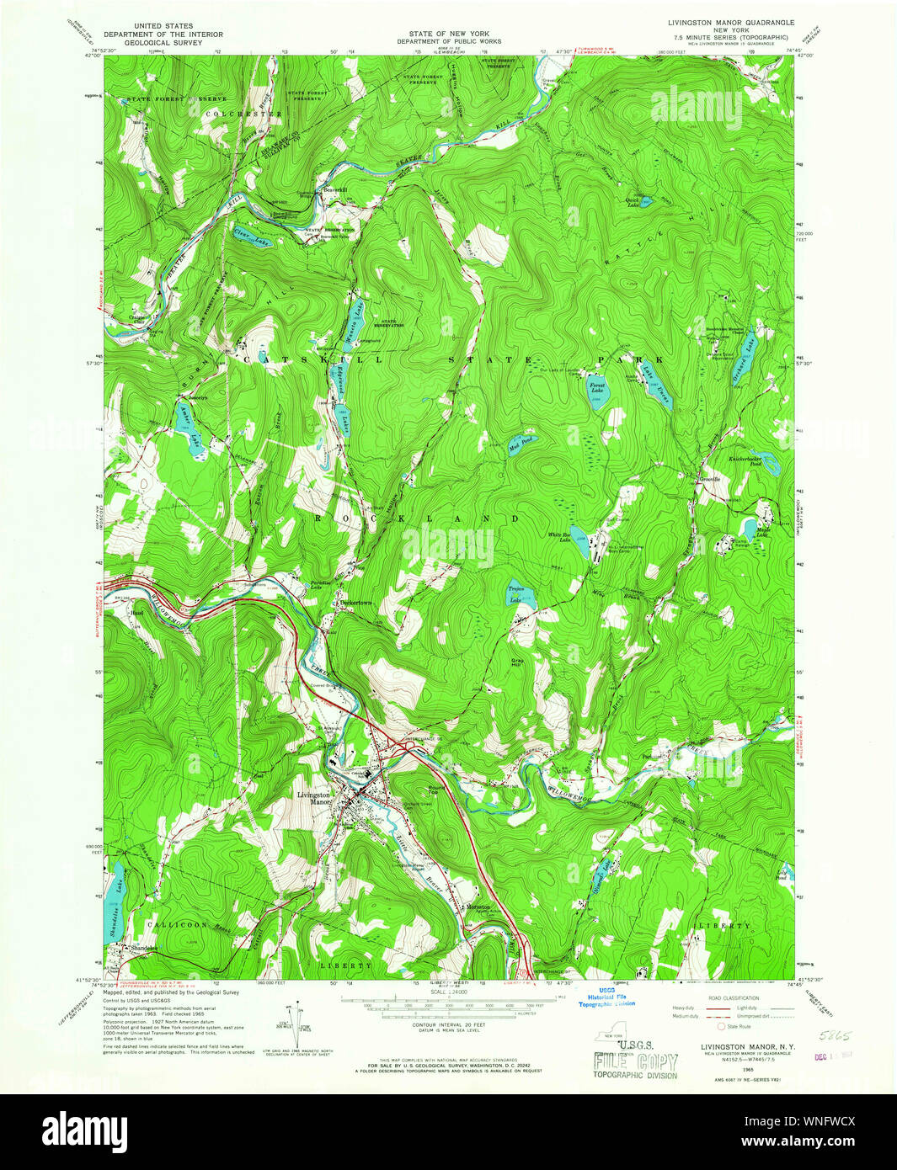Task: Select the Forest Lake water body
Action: (x=596, y=389)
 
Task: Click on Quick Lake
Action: (x=645, y=201)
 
